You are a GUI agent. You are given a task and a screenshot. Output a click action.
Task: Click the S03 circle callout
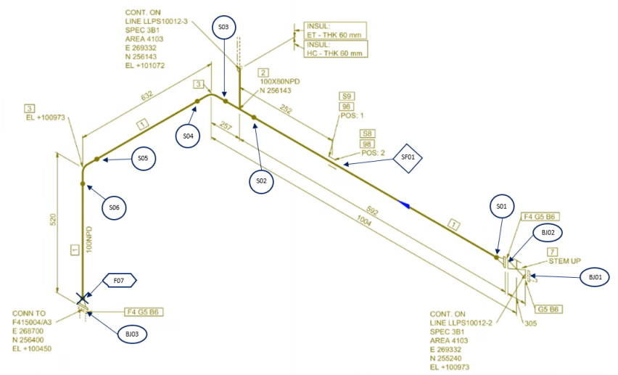223,28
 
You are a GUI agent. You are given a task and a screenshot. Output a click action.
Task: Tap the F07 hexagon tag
118,279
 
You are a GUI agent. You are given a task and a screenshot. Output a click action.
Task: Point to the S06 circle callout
114,207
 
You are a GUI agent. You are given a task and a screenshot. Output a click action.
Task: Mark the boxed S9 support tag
347,96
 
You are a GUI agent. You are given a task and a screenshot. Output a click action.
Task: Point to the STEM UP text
562,260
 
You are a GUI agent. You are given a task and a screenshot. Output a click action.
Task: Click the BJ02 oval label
547,232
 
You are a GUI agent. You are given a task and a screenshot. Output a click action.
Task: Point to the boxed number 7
551,250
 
